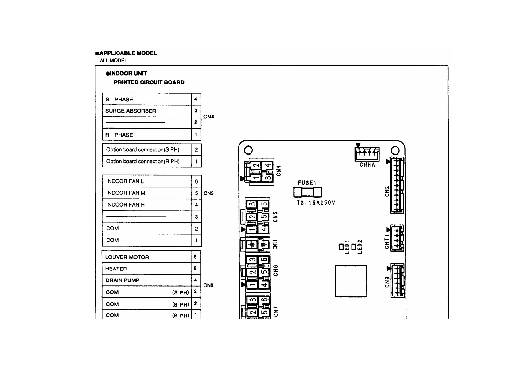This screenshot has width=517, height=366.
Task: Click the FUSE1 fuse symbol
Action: tap(308, 193)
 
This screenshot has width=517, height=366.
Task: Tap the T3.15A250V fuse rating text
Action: tap(316, 203)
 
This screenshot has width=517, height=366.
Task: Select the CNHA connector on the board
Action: tap(367, 154)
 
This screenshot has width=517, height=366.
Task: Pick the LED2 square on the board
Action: tap(354, 247)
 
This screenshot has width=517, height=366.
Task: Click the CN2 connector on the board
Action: tap(397, 185)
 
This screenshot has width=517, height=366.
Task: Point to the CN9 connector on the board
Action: tap(397, 280)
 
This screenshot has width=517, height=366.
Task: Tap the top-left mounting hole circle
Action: tap(248, 150)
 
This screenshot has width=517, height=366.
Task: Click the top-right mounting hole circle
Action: tap(395, 150)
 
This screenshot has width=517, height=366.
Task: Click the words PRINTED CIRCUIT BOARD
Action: tap(149, 82)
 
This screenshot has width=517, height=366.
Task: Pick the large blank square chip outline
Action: tap(351, 281)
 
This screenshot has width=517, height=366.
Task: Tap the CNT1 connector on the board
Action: tap(397, 238)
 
